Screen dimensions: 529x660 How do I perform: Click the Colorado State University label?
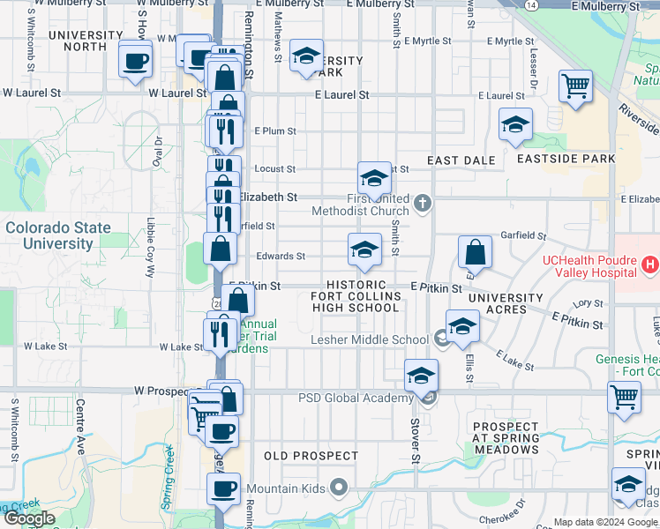pos(58,235)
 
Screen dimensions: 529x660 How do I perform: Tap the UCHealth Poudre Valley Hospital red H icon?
pos(651,264)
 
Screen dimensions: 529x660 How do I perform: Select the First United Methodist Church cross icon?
pos(423,204)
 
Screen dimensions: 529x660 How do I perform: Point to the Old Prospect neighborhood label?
pos(311,457)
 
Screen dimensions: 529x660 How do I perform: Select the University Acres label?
pos(506,303)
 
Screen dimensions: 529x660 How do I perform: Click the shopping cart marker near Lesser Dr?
pos(576,87)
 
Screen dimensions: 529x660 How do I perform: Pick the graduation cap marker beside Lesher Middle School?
pos(462,327)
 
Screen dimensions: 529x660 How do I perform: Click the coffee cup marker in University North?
pos(136,62)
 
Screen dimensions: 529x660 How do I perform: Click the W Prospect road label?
pos(162,389)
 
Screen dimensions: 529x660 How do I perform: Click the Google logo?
pos(29,518)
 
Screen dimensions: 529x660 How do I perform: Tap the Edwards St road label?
pos(280,257)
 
